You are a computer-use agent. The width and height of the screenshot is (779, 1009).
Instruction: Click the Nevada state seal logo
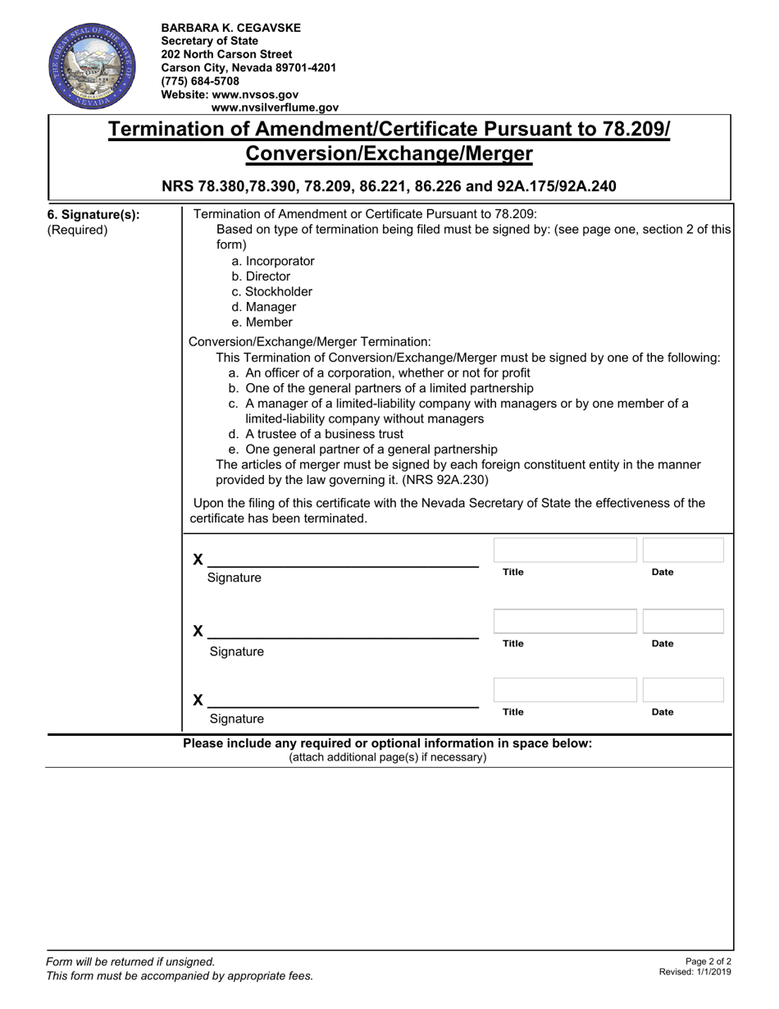tap(85, 66)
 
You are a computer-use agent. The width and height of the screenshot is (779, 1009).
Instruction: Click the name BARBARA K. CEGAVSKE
tap(230, 28)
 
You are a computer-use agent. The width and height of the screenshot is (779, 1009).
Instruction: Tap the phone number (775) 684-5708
tap(200, 81)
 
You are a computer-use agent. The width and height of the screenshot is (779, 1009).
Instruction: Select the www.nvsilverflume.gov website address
tap(275, 107)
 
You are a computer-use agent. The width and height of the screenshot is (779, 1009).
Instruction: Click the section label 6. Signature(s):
tap(93, 215)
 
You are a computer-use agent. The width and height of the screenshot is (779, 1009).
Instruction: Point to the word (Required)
tap(77, 230)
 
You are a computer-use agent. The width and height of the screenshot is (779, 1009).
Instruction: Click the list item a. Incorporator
tap(273, 261)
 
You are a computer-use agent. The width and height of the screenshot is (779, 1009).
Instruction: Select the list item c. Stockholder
tap(271, 291)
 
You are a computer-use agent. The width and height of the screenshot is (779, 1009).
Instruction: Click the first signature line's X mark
tap(198, 559)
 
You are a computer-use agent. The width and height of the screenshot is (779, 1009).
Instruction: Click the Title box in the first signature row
tap(565, 550)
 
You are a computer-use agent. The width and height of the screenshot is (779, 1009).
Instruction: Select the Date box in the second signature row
tap(683, 621)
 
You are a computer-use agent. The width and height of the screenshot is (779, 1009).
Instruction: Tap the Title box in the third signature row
tap(565, 690)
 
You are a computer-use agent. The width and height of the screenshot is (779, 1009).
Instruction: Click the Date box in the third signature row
tap(683, 690)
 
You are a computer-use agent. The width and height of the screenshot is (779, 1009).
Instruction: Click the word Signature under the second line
tap(237, 652)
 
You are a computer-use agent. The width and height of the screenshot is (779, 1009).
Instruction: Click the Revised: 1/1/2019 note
tap(695, 972)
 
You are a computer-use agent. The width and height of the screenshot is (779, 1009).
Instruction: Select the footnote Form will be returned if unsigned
tap(131, 961)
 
